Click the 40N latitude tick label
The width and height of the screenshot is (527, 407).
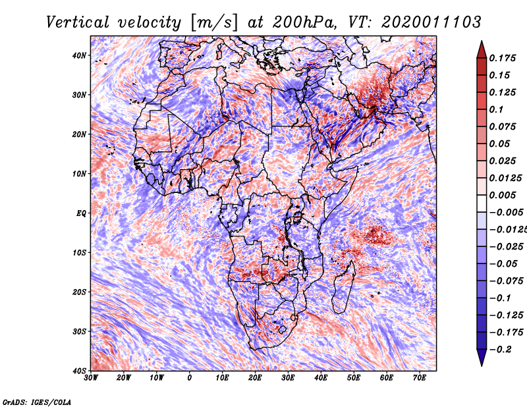click(x=78, y=55)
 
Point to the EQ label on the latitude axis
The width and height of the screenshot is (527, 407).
click(x=81, y=213)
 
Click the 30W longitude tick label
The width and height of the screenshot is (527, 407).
click(x=91, y=378)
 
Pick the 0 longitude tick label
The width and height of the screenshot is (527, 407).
click(x=190, y=378)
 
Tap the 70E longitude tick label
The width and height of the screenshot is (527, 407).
click(x=420, y=378)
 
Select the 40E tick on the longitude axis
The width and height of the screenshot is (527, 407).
click(x=321, y=378)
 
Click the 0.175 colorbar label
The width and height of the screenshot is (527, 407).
click(x=502, y=59)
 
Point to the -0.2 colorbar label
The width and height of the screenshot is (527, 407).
click(x=500, y=350)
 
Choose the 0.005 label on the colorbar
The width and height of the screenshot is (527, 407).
click(x=502, y=195)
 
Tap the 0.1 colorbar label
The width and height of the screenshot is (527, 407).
click(x=496, y=109)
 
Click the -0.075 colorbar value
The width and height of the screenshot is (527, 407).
click(x=507, y=281)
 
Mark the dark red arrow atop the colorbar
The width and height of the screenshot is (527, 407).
click(x=482, y=49)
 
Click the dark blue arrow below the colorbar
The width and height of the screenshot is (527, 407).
click(x=482, y=358)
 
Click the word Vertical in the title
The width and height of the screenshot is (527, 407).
click(x=78, y=22)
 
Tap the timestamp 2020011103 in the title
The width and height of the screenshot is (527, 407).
click(x=431, y=22)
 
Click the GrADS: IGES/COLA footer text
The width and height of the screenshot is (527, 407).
click(x=37, y=402)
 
